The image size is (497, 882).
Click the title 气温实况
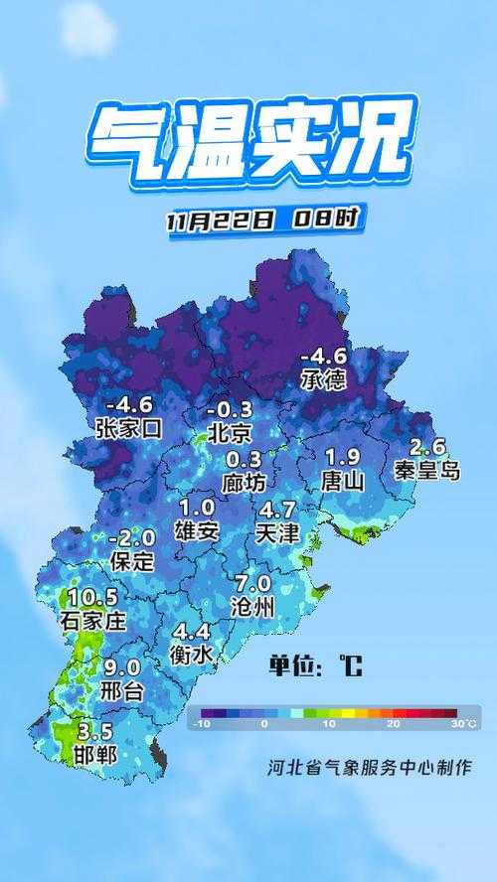(248, 141)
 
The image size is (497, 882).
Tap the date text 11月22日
(221, 220)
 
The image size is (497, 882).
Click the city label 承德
(324, 378)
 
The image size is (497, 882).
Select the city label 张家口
(128, 428)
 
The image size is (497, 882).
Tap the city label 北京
(230, 432)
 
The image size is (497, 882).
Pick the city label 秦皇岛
(427, 470)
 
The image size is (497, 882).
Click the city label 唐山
(343, 482)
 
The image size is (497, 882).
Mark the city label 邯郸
(94, 755)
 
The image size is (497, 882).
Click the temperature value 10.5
(93, 597)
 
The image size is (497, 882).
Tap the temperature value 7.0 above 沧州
(252, 582)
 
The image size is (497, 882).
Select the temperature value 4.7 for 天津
(276, 510)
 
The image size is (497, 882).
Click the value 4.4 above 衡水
(192, 631)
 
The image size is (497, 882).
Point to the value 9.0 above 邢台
(122, 667)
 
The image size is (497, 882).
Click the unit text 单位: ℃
(315, 665)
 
